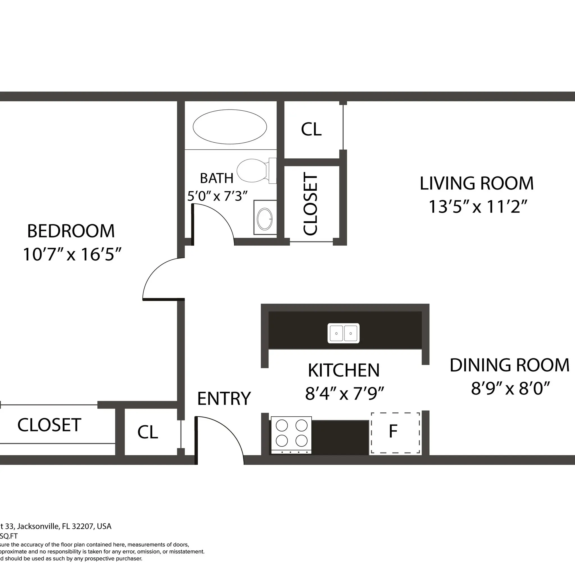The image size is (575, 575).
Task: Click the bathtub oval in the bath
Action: click(x=229, y=127)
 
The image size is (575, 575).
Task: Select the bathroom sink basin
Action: click(x=264, y=219)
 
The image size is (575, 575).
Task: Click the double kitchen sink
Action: click(x=343, y=333)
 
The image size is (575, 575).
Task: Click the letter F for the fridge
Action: click(x=393, y=431)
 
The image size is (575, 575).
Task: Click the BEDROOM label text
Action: click(x=71, y=231)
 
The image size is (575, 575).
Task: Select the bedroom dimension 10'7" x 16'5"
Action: click(x=72, y=254)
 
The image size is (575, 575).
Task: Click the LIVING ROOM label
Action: click(x=476, y=183)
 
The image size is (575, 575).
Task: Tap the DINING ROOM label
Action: click(x=509, y=366)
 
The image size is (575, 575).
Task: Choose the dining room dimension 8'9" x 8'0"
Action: click(x=510, y=388)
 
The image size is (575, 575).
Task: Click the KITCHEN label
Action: click(x=344, y=371)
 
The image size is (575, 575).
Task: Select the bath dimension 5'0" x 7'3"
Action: click(x=218, y=196)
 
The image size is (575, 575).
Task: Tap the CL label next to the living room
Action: click(x=311, y=129)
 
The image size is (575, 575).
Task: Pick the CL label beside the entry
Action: click(x=148, y=432)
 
